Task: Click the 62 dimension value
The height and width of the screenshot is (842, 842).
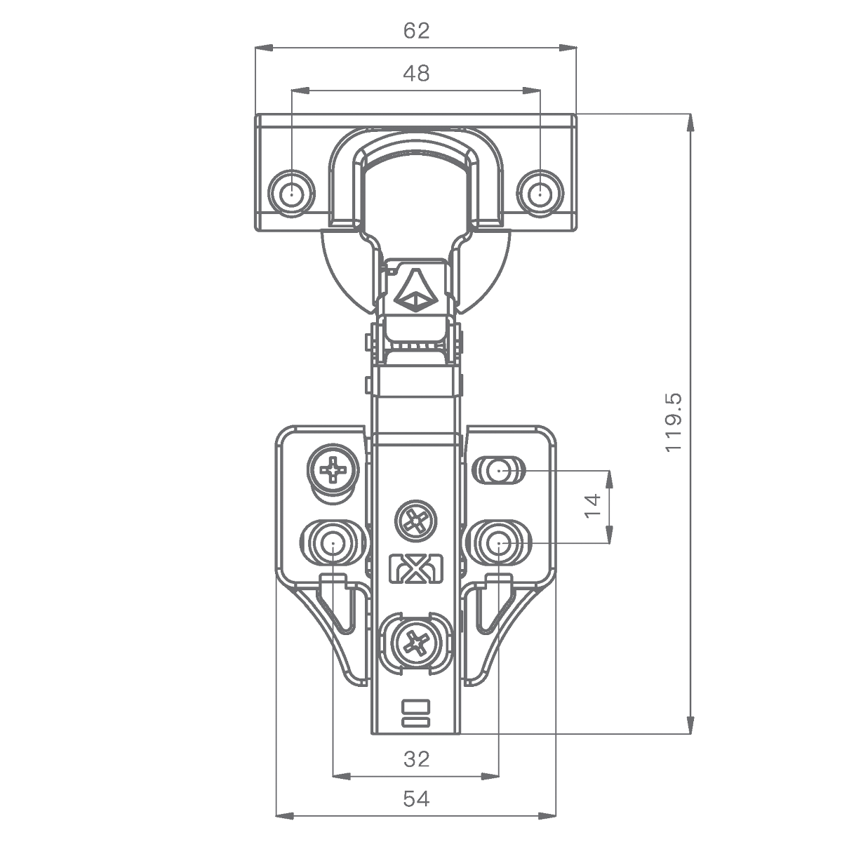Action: pos(416,31)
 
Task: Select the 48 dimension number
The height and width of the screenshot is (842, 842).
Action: pos(416,74)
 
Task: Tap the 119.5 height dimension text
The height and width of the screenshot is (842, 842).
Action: pos(674,423)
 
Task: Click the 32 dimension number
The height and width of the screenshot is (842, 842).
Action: pos(416,759)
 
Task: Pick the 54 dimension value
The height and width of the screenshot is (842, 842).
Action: pos(416,799)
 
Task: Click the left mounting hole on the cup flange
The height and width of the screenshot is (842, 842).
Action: pos(291,193)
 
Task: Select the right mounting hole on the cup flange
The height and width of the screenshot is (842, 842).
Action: pos(540,193)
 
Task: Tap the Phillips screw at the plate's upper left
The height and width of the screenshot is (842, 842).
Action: pos(333,470)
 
